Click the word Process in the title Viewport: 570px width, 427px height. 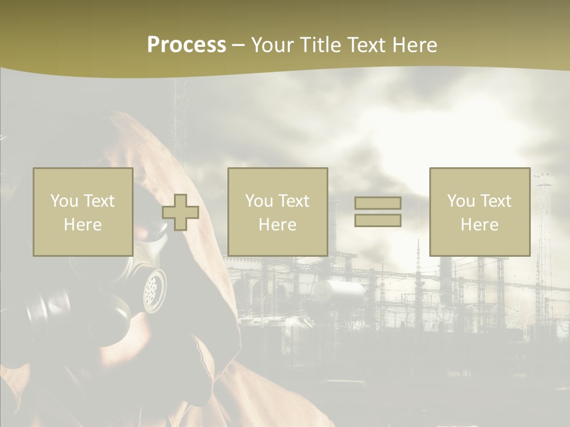click(x=186, y=45)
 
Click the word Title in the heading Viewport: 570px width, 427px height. click(x=321, y=45)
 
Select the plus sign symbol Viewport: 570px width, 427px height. click(x=180, y=212)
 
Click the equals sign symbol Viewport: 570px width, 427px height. click(x=378, y=212)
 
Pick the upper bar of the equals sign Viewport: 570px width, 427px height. click(x=378, y=203)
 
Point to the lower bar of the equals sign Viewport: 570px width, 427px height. click(x=378, y=221)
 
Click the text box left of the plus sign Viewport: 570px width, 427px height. click(x=83, y=212)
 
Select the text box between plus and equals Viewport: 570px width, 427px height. click(x=277, y=212)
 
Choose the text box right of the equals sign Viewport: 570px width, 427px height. click(x=480, y=212)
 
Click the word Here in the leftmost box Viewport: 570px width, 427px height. click(x=83, y=224)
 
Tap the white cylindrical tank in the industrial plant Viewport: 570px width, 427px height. click(x=338, y=290)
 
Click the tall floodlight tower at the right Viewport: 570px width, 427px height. click(x=543, y=225)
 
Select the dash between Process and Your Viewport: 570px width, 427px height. click(x=238, y=45)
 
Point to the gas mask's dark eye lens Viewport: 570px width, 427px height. click(x=156, y=231)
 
